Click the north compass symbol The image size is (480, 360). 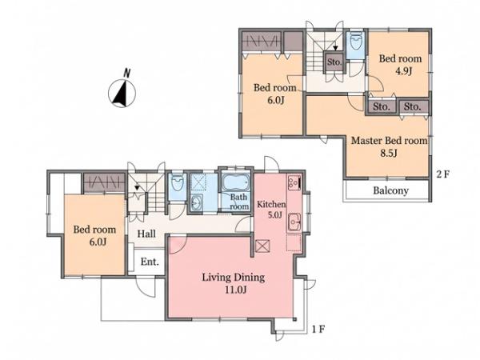122,91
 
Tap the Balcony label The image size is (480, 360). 390,190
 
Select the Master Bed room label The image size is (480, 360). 389,141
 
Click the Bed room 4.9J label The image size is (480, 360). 400,65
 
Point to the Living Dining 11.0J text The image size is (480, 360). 234,283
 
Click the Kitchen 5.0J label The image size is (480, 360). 271,210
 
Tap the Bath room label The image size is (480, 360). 239,202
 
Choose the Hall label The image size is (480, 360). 146,234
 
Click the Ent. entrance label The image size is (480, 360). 150,262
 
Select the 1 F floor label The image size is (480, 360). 318,330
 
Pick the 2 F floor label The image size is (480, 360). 443,174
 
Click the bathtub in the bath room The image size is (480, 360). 235,182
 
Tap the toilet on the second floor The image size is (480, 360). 355,42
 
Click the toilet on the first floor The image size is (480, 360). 177,183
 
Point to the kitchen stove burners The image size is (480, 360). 294,182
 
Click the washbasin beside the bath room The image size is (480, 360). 196,202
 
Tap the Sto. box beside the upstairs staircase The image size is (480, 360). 334,62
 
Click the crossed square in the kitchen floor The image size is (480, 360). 262,246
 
